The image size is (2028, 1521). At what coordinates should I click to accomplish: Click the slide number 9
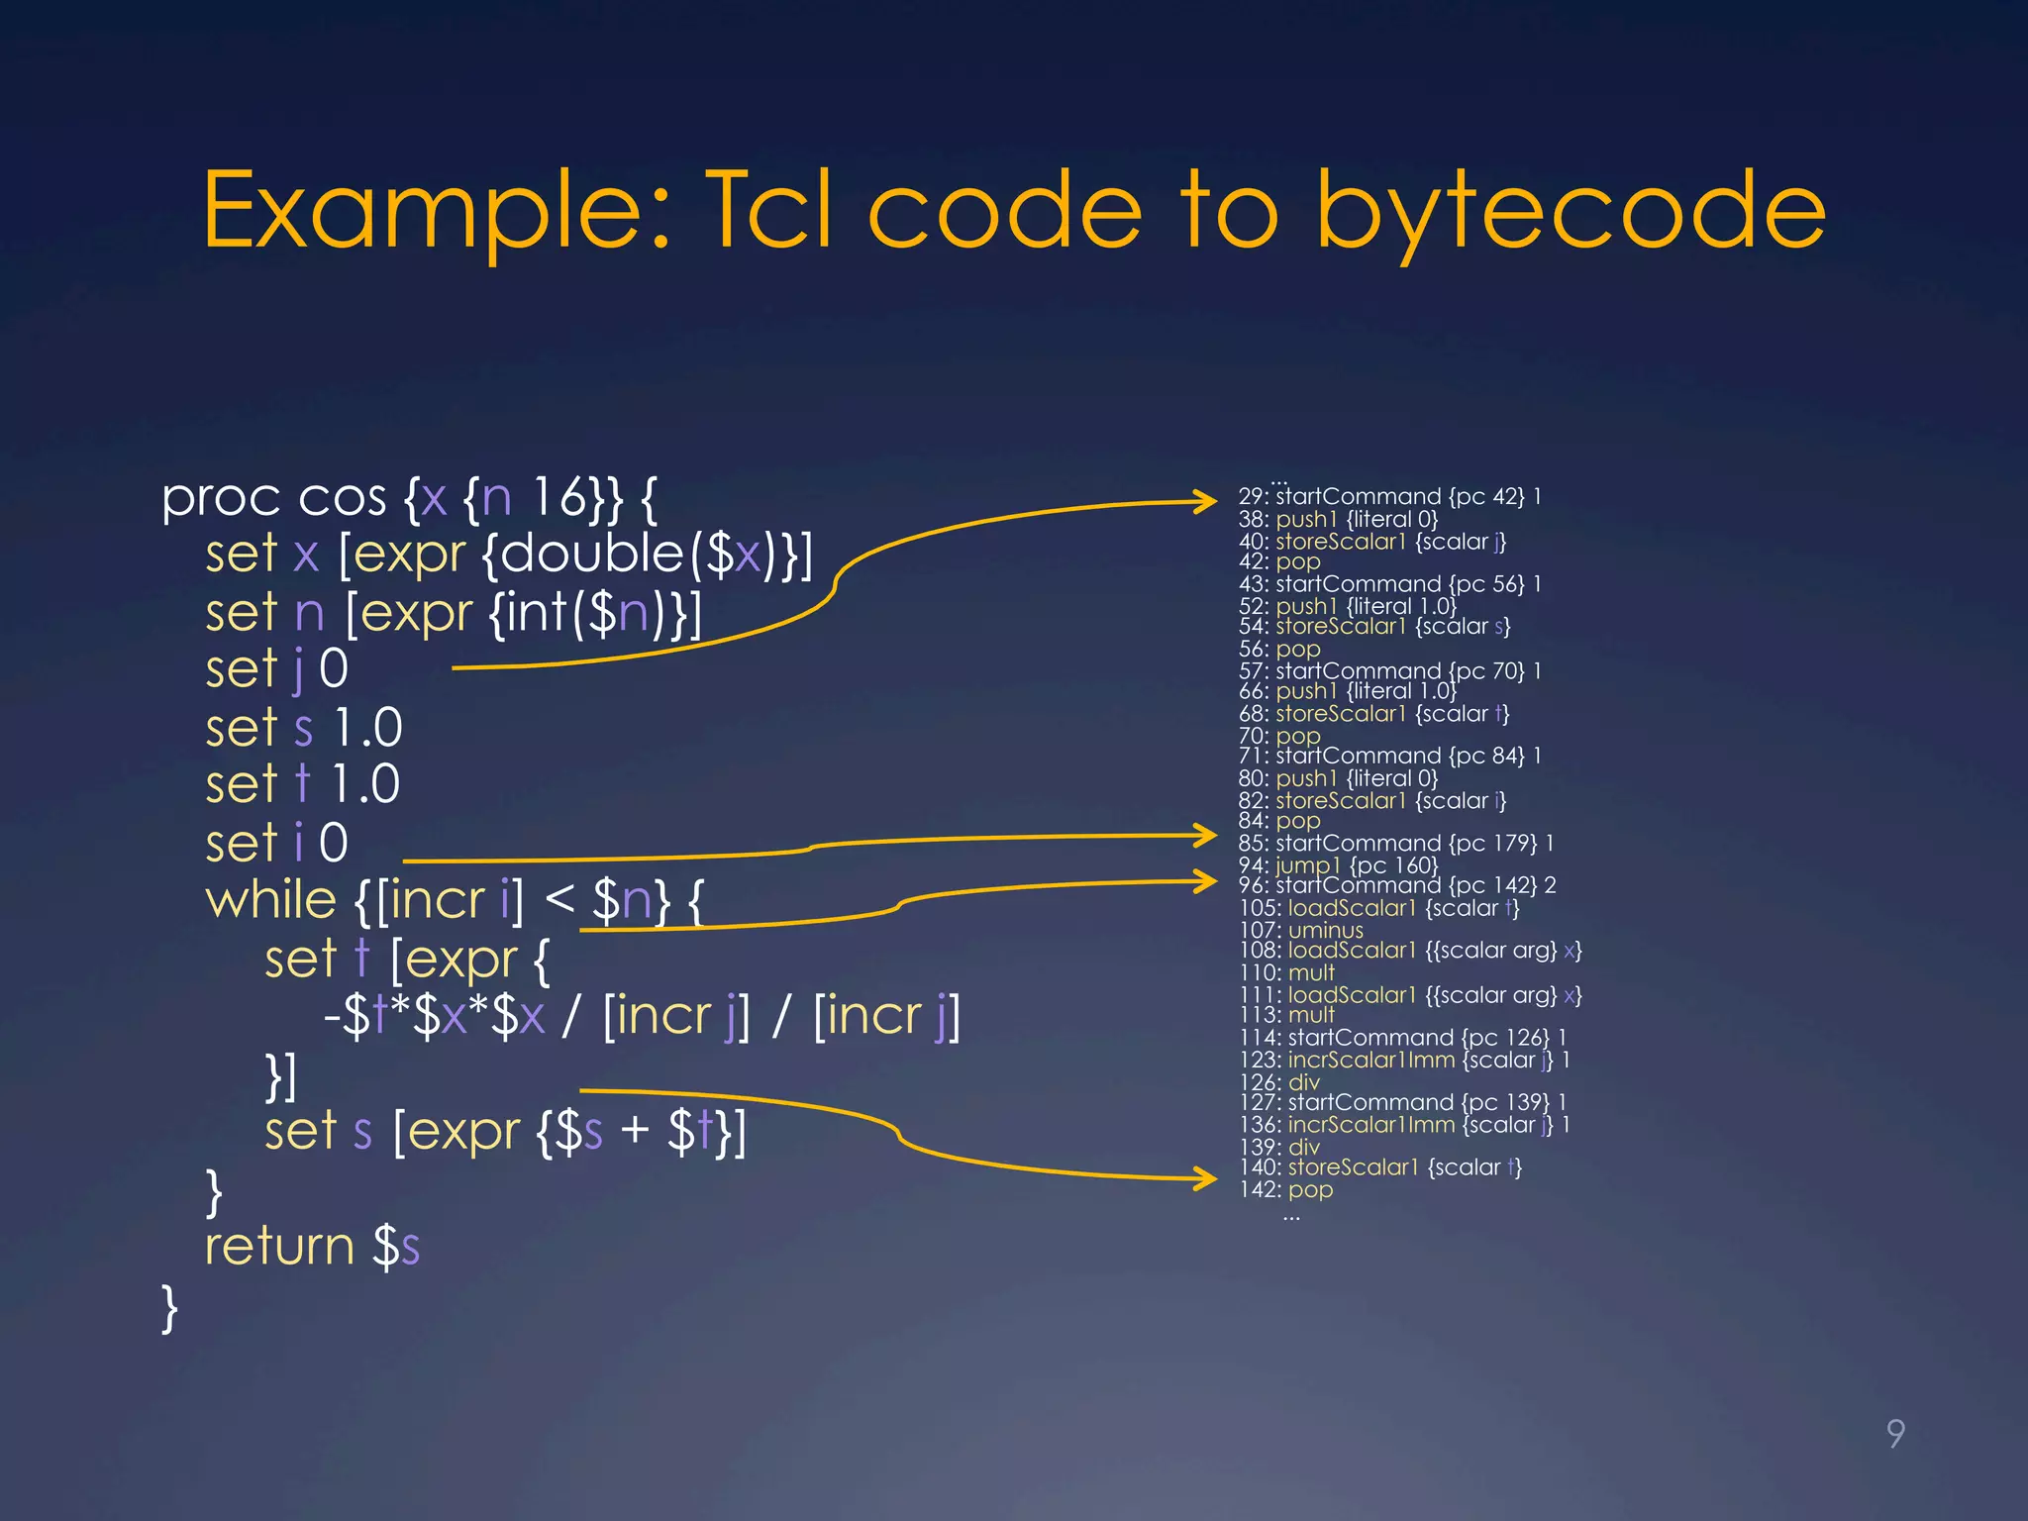[1895, 1433]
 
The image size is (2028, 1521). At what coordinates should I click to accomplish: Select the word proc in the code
[221, 498]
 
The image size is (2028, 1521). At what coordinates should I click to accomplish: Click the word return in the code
[279, 1246]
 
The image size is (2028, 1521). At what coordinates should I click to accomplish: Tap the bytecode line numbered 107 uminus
[1301, 930]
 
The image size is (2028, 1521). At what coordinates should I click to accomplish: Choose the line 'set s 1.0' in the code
[303, 728]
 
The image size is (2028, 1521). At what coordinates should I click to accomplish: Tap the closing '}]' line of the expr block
[281, 1075]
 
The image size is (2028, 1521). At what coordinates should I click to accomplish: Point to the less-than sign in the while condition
[559, 898]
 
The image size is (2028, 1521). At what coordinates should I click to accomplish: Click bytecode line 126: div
[1279, 1082]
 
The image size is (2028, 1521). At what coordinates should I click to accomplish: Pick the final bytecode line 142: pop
[1286, 1189]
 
